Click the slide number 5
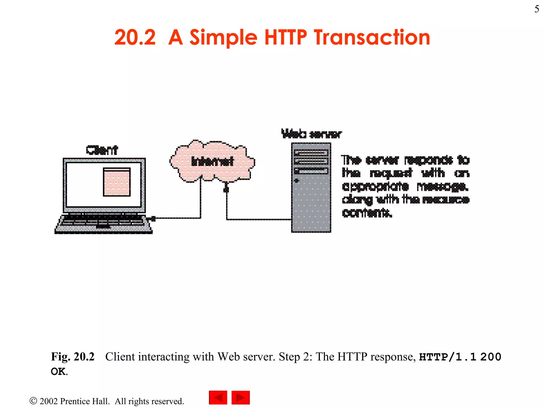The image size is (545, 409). click(x=537, y=9)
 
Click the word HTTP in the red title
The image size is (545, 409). click(x=285, y=38)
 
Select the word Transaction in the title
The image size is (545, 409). click(x=372, y=38)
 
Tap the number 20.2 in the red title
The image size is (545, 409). click(x=135, y=38)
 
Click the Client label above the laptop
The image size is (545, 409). click(x=102, y=150)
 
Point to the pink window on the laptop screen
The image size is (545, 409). click(x=117, y=182)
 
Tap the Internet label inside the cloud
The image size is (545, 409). click(x=212, y=161)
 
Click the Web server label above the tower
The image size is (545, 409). click(x=311, y=134)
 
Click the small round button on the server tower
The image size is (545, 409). click(x=297, y=181)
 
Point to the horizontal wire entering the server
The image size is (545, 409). click(x=258, y=219)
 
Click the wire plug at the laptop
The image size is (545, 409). click(x=152, y=219)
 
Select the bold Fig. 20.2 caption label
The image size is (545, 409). click(x=73, y=357)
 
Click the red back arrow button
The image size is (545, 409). click(x=218, y=398)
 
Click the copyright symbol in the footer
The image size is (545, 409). click(x=33, y=401)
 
